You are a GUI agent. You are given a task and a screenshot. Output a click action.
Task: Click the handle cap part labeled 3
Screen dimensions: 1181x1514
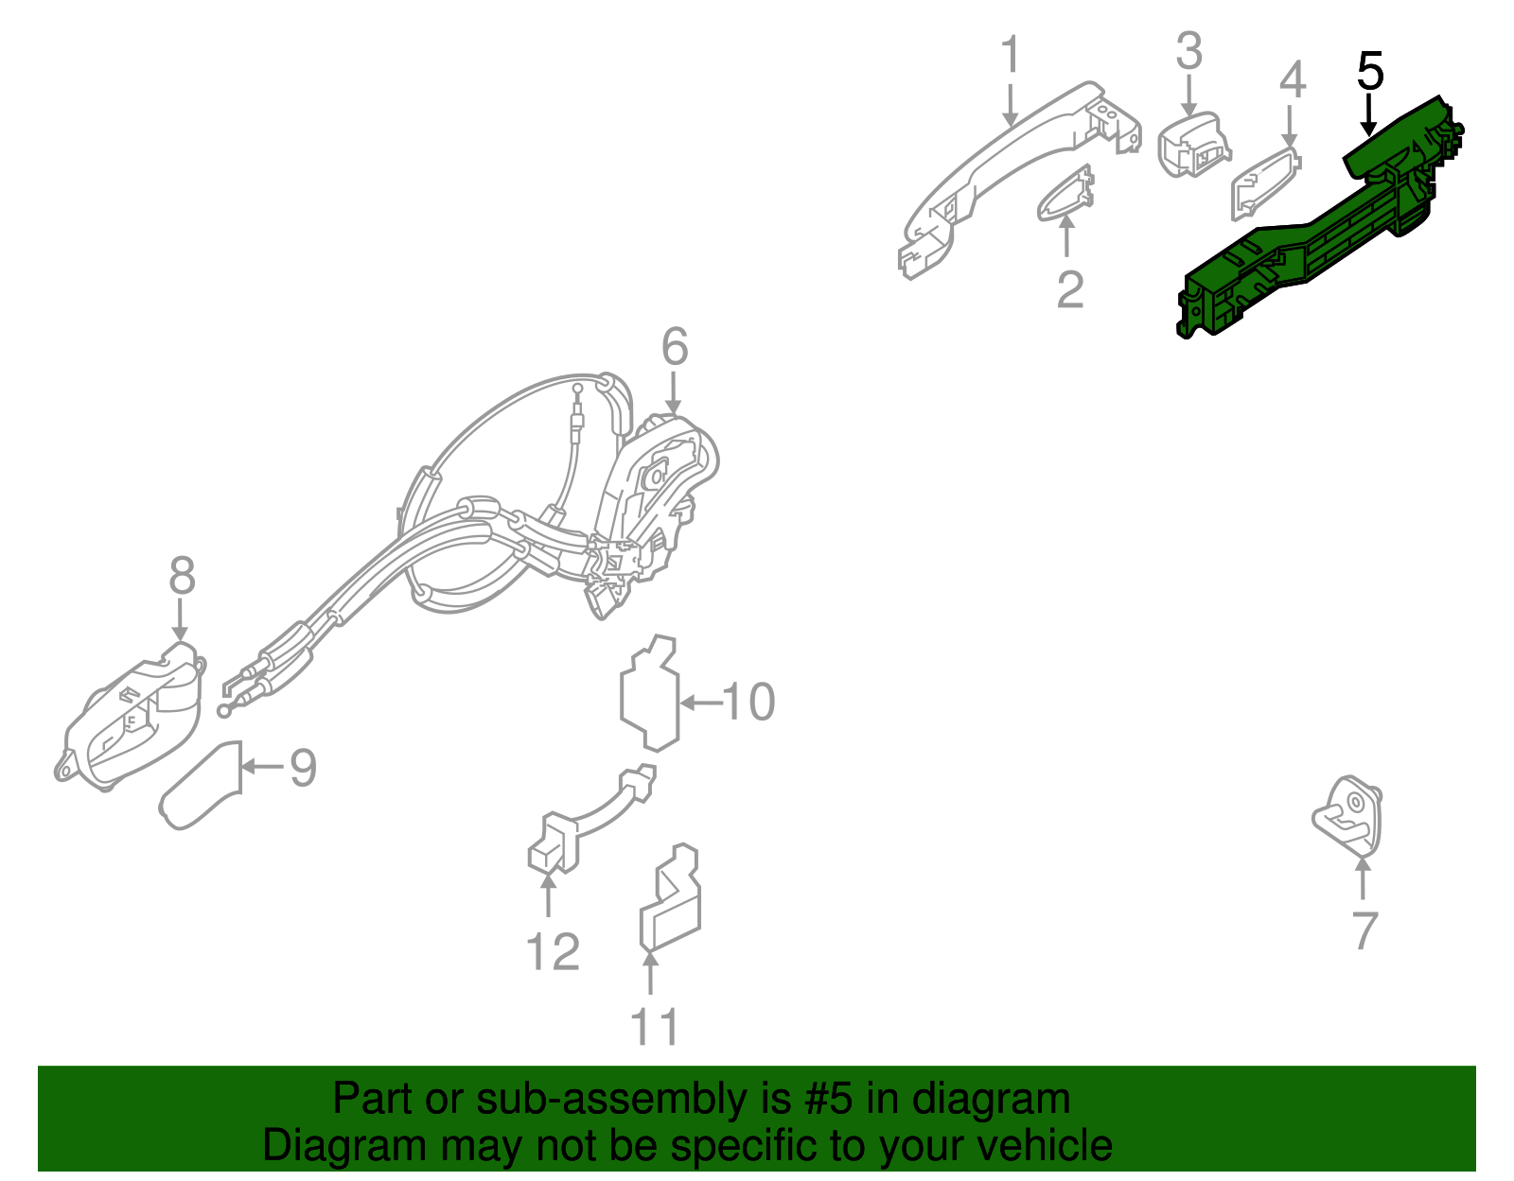(1192, 147)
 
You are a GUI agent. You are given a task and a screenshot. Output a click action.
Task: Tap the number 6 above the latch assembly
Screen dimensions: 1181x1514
(674, 347)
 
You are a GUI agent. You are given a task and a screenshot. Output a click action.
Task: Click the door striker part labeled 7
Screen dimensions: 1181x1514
(1348, 815)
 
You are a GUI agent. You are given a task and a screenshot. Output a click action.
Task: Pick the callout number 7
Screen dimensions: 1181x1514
(1364, 930)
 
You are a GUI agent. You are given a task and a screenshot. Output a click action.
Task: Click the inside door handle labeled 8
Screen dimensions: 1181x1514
(132, 719)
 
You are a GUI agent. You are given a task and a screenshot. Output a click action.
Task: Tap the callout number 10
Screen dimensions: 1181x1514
(748, 702)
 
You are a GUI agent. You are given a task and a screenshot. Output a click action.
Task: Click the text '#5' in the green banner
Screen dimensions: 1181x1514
(829, 1100)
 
